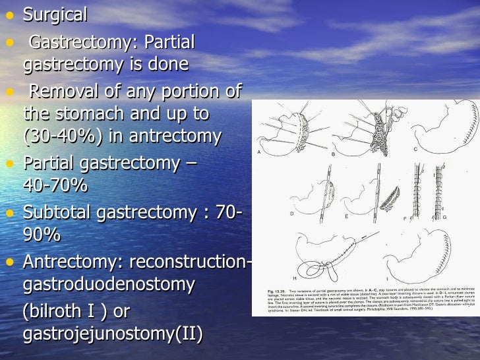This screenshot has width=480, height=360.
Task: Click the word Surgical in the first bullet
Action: pos(55,14)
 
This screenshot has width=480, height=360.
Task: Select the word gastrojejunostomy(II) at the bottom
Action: pos(113,334)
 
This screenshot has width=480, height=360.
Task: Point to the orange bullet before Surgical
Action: pos(9,15)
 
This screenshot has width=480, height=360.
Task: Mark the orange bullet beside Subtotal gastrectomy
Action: pos(9,213)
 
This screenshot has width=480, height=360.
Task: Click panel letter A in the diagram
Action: pos(259,152)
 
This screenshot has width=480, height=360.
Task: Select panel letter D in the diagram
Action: pos(291,213)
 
